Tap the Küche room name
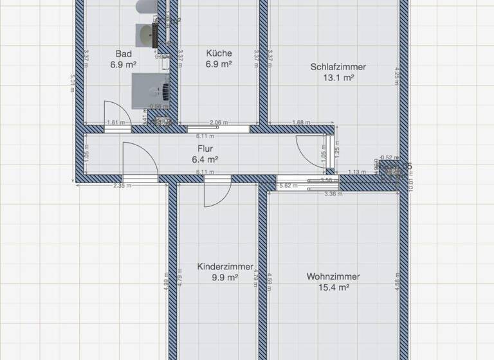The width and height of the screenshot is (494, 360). point(219,53)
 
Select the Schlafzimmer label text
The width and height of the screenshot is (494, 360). point(338,66)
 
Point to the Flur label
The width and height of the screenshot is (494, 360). point(205,148)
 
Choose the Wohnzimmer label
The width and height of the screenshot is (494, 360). point(333,277)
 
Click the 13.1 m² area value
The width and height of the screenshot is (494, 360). point(339,78)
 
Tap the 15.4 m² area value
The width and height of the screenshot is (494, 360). point(334,289)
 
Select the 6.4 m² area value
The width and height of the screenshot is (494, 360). point(205,159)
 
